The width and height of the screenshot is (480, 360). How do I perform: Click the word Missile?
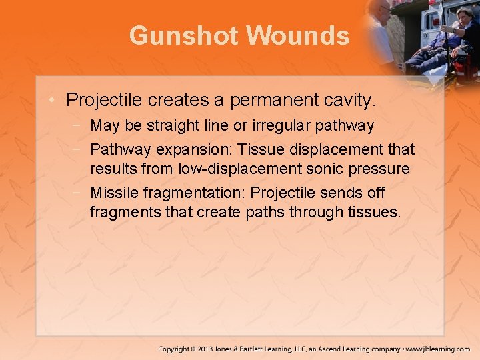[x=112, y=193]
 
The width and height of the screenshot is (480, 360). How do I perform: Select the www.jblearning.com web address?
[x=439, y=349]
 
